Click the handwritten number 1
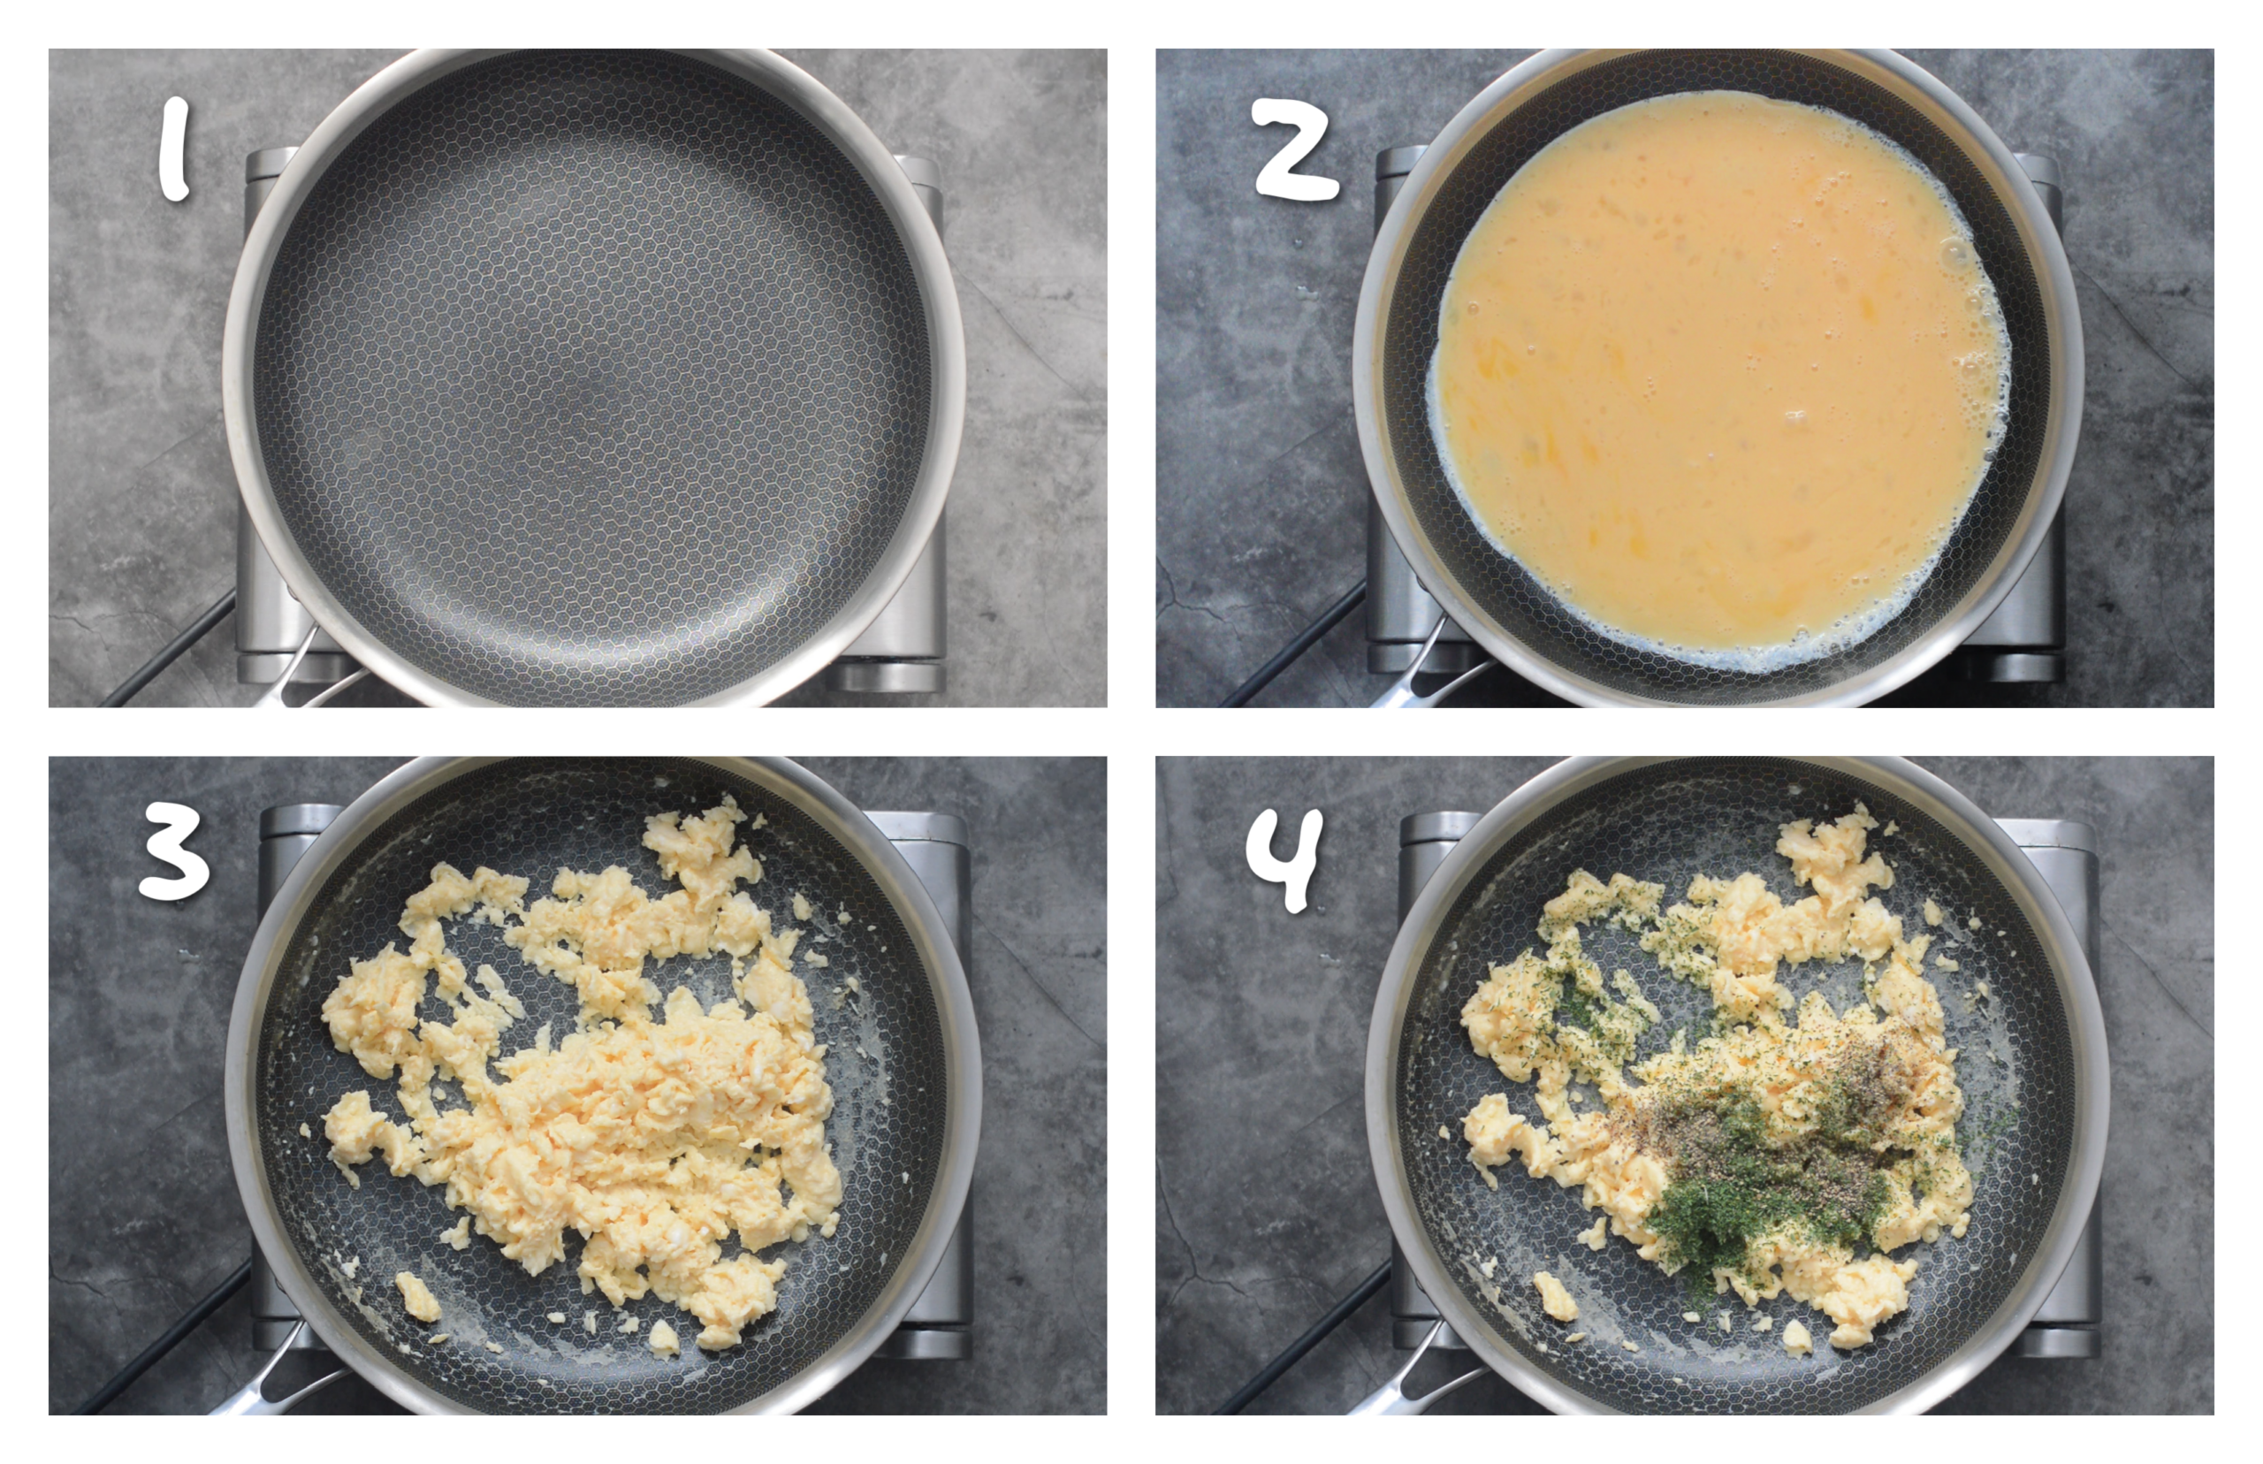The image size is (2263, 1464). point(174,150)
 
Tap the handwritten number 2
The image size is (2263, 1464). point(1294,150)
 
